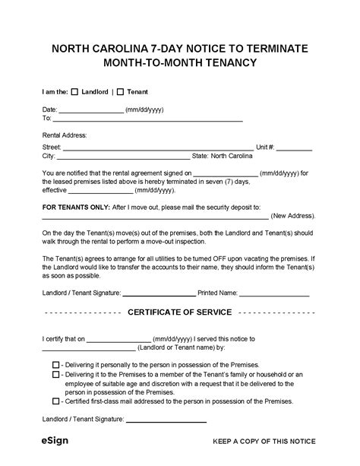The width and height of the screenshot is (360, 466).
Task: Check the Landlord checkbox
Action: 74,92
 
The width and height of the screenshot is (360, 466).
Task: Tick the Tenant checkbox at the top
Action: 120,92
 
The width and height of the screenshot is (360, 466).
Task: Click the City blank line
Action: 113,157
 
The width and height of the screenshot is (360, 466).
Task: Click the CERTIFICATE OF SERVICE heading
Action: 180,312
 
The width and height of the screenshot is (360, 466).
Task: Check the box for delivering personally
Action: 55,365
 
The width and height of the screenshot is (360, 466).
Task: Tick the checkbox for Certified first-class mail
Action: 55,401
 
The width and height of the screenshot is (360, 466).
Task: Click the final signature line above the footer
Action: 166,420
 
